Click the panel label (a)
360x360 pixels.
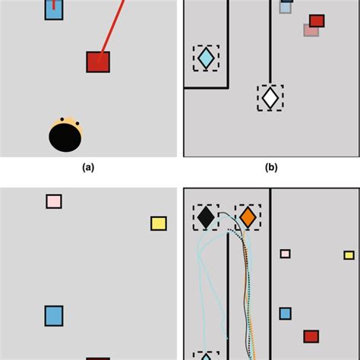88,168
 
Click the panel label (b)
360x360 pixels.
271,168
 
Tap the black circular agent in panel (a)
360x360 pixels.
65,137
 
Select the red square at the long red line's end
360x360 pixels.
98,62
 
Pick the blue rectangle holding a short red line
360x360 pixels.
54,10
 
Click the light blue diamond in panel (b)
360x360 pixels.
206,58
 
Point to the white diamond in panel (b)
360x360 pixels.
270,98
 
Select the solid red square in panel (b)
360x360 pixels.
317,21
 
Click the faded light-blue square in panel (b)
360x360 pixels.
286,8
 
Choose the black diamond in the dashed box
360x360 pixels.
206,217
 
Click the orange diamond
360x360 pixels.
248,217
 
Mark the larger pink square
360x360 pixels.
54,201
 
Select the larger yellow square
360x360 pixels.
159,223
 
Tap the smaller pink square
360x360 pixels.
286,254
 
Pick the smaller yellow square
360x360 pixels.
349,255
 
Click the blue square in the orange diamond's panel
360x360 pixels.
286,314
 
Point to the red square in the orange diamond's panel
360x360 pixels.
311,336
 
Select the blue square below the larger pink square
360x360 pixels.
54,316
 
